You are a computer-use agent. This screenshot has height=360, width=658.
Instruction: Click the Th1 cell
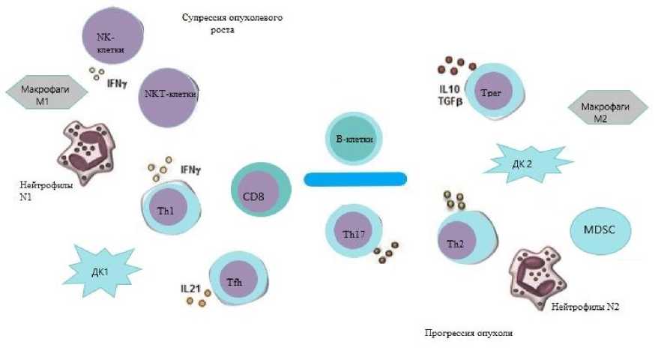(168, 211)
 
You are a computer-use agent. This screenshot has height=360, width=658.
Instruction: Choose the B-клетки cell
(351, 140)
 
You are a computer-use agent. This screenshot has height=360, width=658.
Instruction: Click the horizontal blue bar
(354, 178)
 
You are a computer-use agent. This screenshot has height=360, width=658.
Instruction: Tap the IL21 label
(190, 288)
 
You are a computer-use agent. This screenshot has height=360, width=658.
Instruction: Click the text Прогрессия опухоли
(469, 333)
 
